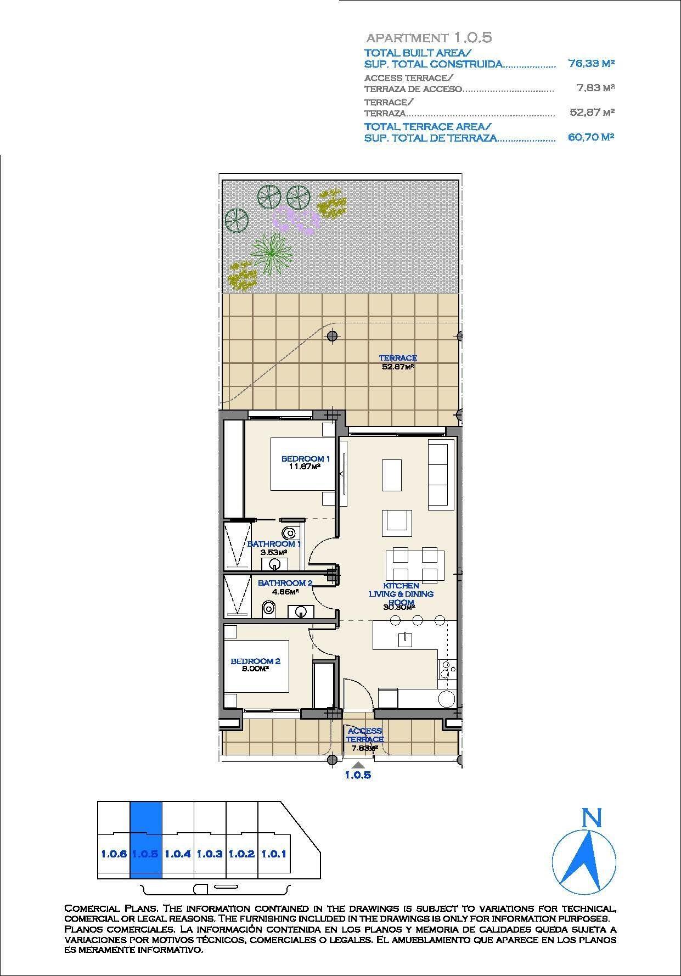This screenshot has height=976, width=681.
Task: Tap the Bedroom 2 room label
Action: [x=255, y=661]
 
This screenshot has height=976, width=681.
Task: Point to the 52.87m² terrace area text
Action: [x=397, y=367]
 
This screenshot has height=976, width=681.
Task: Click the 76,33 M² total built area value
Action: [x=591, y=64]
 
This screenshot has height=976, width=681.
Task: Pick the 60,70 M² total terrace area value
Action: [x=590, y=138]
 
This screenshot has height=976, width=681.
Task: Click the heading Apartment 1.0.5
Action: [x=429, y=38]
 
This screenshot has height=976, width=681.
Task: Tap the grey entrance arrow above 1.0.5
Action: [x=358, y=765]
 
